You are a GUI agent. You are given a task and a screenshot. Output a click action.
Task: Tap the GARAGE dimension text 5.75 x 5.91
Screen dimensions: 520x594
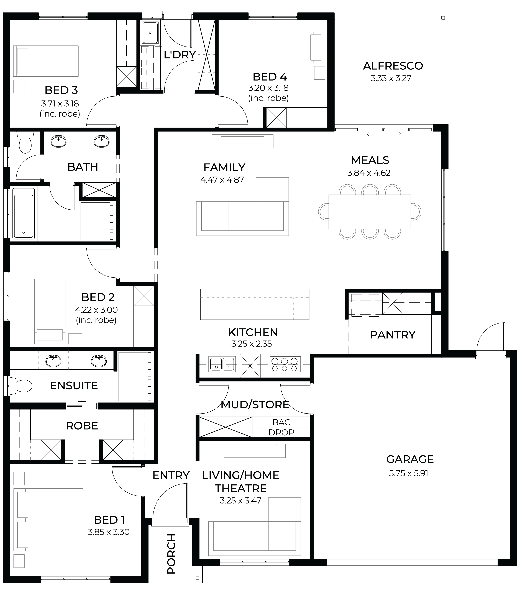coord(409,473)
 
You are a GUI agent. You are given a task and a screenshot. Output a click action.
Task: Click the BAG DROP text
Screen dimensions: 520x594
coord(281,427)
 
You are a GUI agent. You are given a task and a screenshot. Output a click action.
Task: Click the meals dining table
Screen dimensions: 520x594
coord(370,212)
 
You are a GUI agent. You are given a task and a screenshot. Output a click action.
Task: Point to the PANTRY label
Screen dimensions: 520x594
coord(393,335)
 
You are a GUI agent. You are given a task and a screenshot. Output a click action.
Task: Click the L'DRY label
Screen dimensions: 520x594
coord(180,55)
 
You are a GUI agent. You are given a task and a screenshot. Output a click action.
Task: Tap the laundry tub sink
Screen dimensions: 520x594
coord(150,32)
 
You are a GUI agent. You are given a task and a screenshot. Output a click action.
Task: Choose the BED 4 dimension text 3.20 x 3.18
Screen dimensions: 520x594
coord(268,88)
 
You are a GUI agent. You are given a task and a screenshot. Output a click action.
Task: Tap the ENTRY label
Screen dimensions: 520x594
coord(171,475)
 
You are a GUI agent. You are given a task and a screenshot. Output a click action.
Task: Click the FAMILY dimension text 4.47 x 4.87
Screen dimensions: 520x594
coord(222,180)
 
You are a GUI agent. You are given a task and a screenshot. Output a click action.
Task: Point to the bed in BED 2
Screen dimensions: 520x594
coord(50,311)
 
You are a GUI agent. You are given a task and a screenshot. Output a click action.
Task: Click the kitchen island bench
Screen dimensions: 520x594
coord(255,304)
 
